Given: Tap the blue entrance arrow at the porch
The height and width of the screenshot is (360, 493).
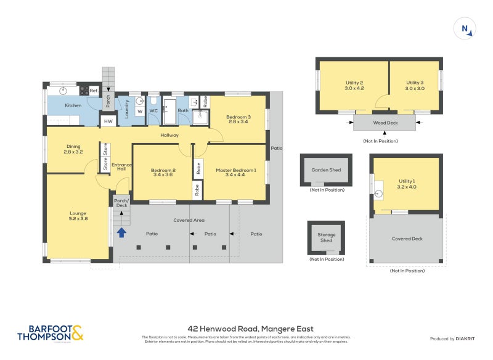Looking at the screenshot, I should point(122,232).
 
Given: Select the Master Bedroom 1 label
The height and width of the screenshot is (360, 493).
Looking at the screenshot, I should point(235,173).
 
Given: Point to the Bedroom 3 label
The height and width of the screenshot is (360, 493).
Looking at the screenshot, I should point(238,119).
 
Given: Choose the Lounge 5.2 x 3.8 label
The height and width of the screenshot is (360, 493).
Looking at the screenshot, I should point(78,217).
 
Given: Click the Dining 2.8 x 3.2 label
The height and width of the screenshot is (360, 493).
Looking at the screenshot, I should point(73,149).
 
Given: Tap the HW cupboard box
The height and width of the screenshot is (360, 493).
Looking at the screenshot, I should point(108,121).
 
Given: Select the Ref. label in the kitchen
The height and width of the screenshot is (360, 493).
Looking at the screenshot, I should point(94,91).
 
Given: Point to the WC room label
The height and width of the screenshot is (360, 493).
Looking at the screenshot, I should point(153,111).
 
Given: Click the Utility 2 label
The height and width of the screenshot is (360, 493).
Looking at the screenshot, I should point(353,85).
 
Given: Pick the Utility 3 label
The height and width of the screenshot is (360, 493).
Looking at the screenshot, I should point(415,85).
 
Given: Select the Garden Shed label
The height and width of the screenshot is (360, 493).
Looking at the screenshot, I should point(326,170).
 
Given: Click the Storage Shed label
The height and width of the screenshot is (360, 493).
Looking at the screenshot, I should point(326,237).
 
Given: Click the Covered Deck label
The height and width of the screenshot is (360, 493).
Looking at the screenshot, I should point(407,239).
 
